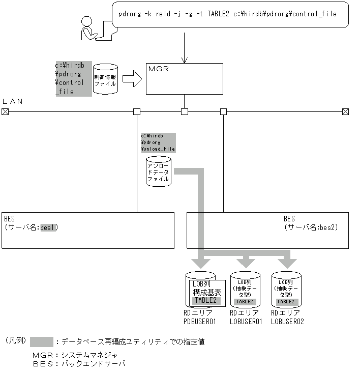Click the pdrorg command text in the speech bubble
[x=227, y=14]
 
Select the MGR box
[x=184, y=79]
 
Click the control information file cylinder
[x=105, y=79]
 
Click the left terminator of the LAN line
[x=5, y=111]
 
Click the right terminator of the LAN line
[x=345, y=111]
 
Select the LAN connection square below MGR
[x=185, y=111]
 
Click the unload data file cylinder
[x=159, y=171]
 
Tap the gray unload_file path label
[x=158, y=142]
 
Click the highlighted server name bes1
[x=49, y=227]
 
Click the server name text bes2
[x=328, y=227]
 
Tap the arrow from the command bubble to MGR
[x=184, y=48]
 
